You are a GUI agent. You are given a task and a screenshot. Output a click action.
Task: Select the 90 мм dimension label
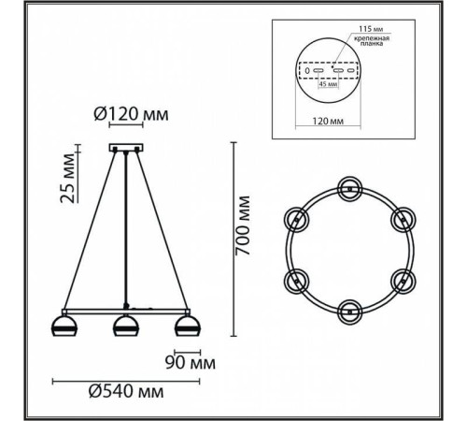tap(195, 360)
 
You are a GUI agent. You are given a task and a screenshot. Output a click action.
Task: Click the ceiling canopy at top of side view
tap(125, 147)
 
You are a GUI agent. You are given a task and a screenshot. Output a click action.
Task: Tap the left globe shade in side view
tap(63, 327)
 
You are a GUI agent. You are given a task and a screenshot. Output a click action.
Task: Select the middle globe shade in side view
tap(126, 327)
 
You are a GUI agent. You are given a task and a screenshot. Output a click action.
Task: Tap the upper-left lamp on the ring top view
tap(298, 219)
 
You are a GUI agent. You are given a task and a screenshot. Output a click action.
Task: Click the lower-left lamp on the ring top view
tap(298, 280)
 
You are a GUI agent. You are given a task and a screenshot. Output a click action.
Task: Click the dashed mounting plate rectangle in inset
tap(328, 70)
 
